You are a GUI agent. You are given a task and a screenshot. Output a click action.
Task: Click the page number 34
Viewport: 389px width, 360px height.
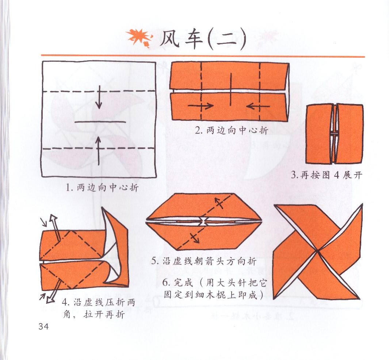43,326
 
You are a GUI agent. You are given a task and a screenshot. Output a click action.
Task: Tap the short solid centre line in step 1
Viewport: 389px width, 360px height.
100,122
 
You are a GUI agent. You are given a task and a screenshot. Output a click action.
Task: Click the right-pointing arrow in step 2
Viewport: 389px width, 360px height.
201,106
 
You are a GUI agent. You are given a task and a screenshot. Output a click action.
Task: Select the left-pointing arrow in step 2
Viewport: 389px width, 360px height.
258,106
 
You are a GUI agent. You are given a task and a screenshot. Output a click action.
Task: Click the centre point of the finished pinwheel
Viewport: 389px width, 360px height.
317,251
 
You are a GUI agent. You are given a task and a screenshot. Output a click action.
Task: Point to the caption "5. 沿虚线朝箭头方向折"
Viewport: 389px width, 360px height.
204,261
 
